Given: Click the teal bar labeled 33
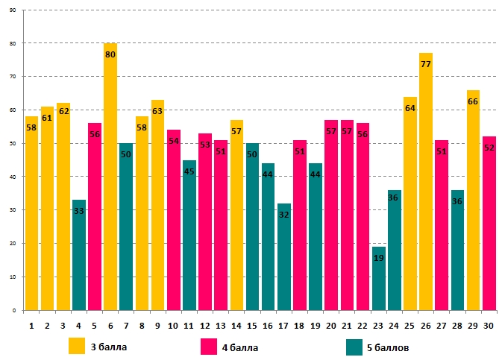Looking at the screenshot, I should [x=79, y=261].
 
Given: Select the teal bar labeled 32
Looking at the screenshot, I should [x=284, y=261].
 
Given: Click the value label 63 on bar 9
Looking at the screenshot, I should [x=157, y=111].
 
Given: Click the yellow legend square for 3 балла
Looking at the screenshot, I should [x=77, y=346].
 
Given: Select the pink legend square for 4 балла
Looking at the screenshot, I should [x=209, y=346].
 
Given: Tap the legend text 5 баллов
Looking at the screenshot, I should [x=387, y=347].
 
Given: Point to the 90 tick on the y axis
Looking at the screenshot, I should [x=13, y=10].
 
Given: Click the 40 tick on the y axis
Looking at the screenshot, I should [x=13, y=177].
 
